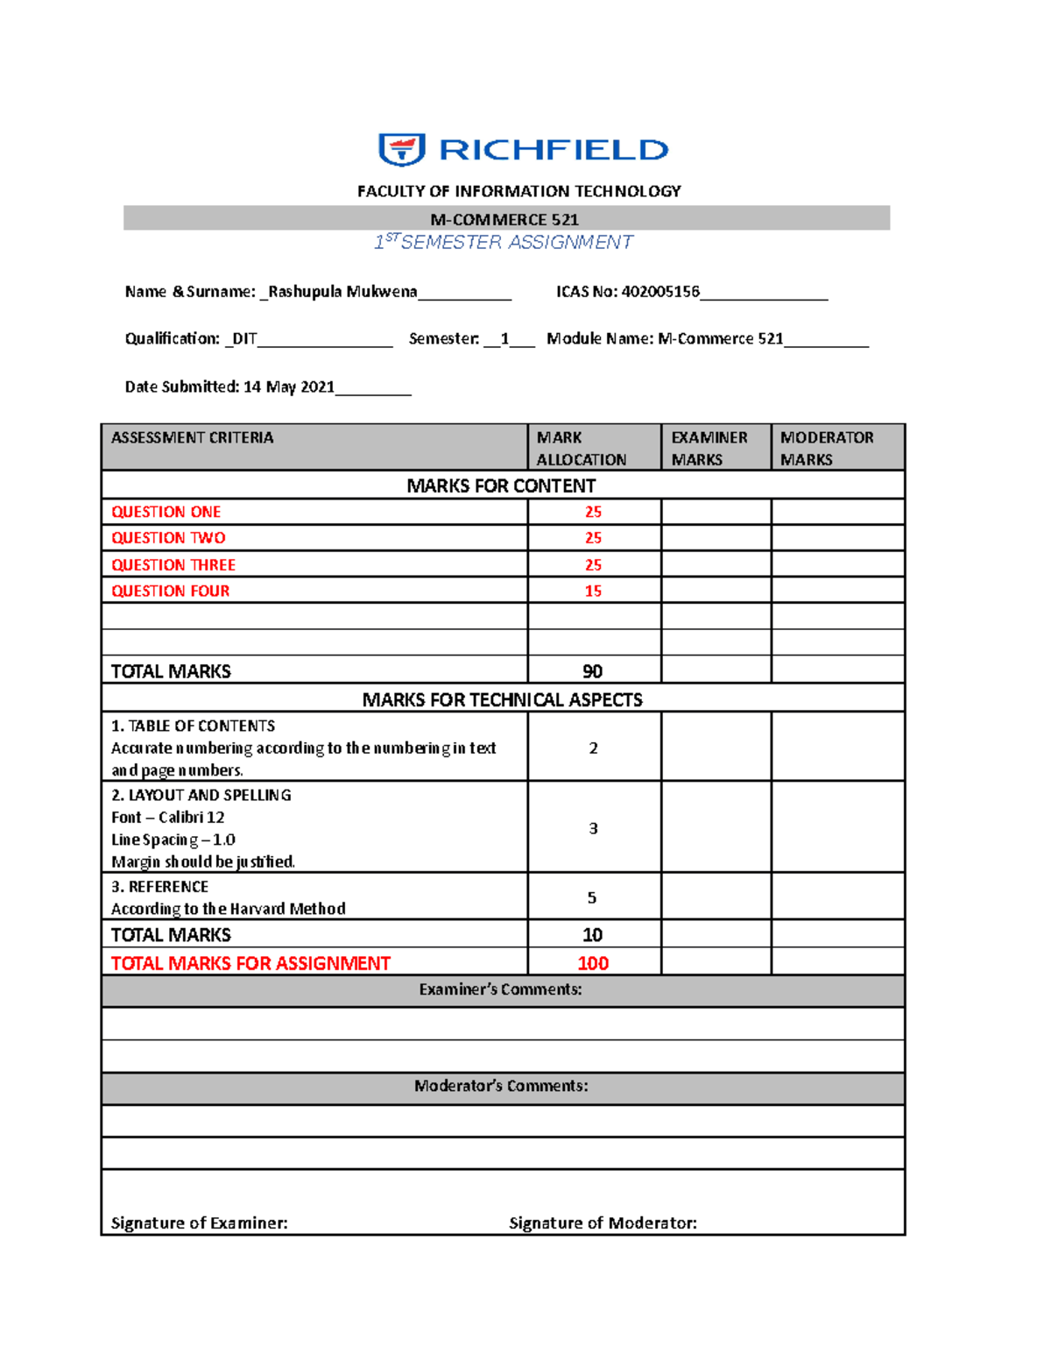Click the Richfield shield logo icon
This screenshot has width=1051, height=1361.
pos(401,150)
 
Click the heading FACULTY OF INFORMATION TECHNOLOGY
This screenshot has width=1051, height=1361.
pos(518,191)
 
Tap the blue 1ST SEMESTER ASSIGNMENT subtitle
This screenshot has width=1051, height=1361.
pos(504,243)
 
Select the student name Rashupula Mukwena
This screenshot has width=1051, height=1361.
pos(342,292)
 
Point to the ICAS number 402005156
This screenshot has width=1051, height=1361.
pos(660,292)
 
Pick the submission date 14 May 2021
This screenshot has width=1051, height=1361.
pos(289,386)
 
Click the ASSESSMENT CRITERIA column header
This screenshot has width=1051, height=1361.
pos(193,437)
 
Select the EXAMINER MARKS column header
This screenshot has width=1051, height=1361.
pos(709,448)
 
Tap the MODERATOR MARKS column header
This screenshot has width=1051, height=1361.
pos(827,448)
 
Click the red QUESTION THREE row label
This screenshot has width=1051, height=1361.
pos(173,565)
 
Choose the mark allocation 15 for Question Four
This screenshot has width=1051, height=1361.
pos(593,592)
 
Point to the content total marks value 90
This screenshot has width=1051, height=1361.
pos(593,671)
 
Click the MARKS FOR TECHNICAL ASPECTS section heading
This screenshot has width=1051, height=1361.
pos(503,699)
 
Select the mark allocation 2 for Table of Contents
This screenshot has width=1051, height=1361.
pos(593,748)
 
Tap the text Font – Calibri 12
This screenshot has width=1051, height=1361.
pos(168,818)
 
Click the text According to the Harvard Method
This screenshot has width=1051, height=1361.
pos(229,909)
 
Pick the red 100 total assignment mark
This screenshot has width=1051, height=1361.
pos(593,963)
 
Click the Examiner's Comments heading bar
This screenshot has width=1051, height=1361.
pos(501,989)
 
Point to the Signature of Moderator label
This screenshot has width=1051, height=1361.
pos(603,1223)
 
